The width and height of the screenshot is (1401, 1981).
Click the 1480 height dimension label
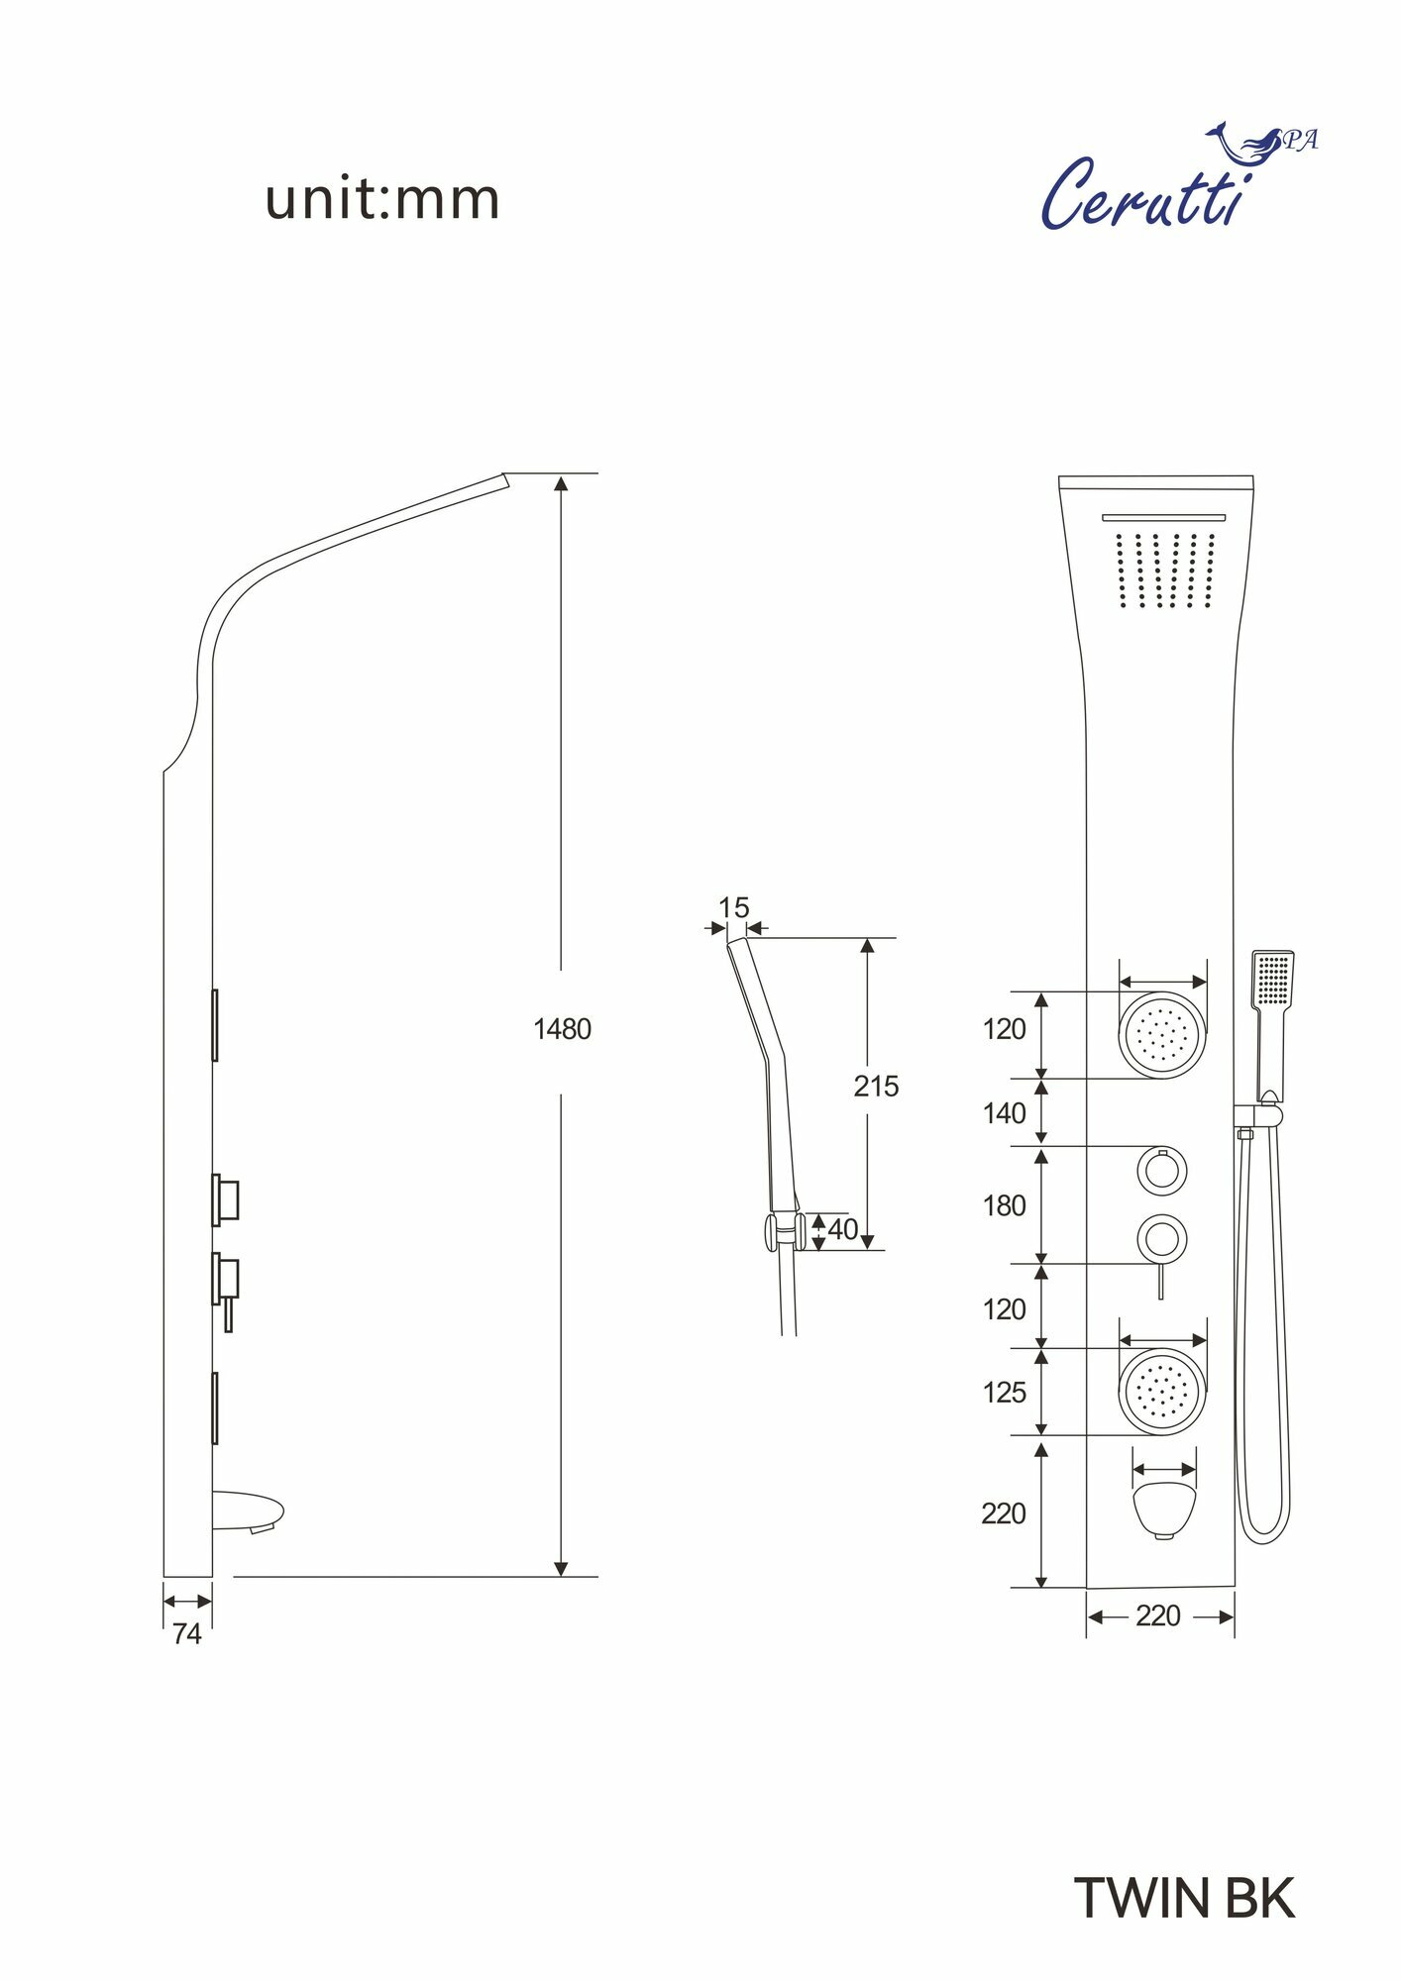[562, 1030]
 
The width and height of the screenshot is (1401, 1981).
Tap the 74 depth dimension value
[186, 1634]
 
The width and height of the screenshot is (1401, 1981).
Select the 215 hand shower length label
[876, 1087]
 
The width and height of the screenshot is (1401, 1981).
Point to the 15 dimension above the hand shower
[733, 907]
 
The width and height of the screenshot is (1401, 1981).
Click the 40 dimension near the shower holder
[842, 1229]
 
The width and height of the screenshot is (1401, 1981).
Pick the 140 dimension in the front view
[1004, 1113]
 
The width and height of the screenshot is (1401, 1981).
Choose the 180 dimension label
[1004, 1206]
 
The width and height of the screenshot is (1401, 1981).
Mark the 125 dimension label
[1004, 1393]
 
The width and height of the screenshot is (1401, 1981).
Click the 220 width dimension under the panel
[1157, 1616]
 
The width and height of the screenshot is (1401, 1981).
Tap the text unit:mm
[382, 199]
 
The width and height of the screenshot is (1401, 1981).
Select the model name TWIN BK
[1185, 1898]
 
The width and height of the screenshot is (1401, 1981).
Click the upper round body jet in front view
[1162, 1035]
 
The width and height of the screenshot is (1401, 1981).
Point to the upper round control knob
[1161, 1171]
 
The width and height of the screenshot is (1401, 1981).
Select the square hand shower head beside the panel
[1272, 979]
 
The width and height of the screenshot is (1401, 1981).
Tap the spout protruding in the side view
[249, 1512]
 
